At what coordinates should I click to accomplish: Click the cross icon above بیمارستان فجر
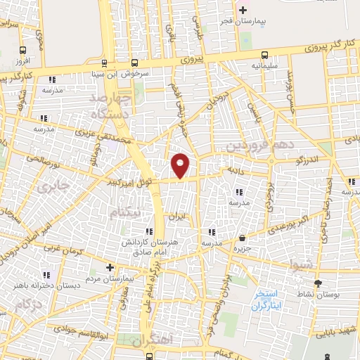[243, 10]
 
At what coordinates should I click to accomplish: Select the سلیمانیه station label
[265, 67]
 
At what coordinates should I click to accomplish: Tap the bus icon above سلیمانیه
[265, 55]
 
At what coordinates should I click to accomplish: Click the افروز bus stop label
[24, 62]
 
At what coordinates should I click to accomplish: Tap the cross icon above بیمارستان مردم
[110, 267]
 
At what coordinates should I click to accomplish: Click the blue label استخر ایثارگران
[267, 300]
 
